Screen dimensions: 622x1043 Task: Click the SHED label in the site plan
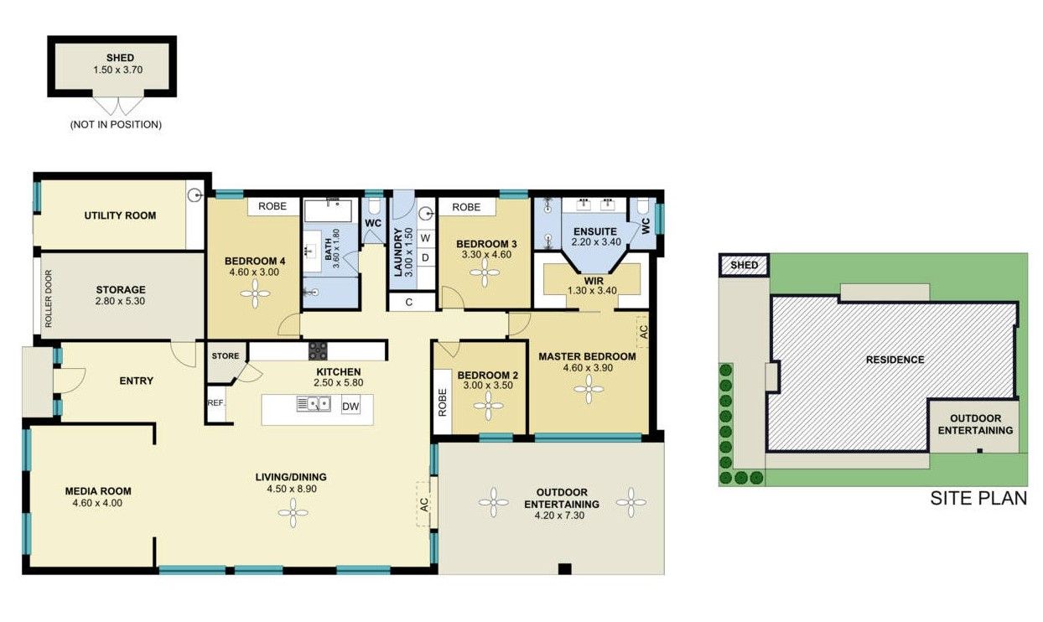[x=744, y=265]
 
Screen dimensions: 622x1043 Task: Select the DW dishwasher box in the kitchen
[x=351, y=407]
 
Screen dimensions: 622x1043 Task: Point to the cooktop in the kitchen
[x=318, y=350]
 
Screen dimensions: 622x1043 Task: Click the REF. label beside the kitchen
[x=216, y=403]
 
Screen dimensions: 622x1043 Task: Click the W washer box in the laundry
[x=426, y=237]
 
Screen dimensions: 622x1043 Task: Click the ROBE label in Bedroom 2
[x=442, y=401]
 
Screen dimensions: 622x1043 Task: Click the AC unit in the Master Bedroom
[x=642, y=329]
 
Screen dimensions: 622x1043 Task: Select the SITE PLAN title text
[x=978, y=499]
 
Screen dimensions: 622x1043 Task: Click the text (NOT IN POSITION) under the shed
[x=116, y=124]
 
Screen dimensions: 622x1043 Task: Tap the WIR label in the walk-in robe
[x=594, y=280]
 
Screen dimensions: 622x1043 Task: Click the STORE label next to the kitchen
[x=225, y=356]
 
